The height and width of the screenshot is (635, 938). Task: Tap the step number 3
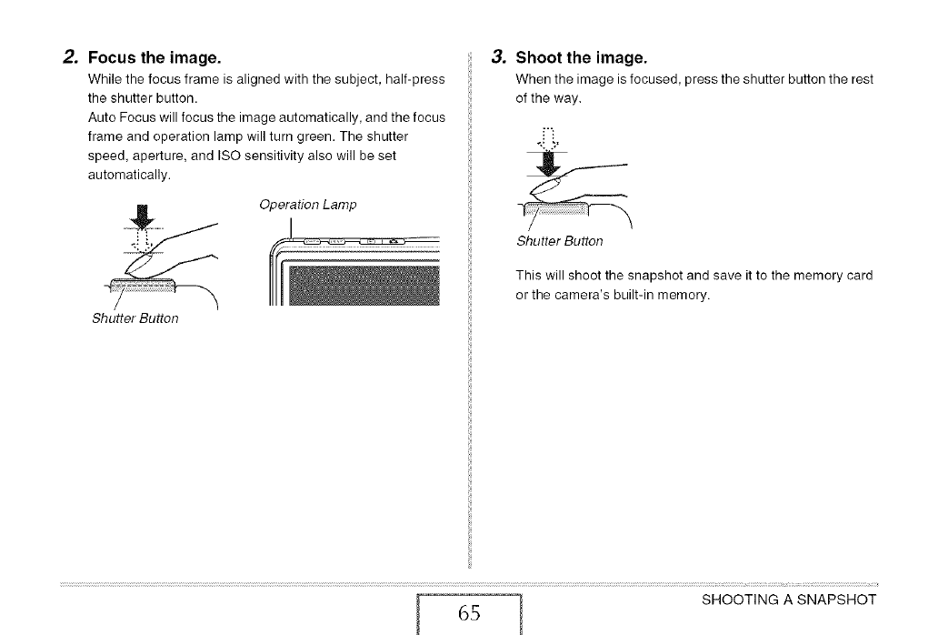[496, 58]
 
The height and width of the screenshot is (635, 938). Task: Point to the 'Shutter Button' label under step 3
[559, 241]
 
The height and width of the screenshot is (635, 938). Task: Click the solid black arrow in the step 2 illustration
[141, 218]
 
